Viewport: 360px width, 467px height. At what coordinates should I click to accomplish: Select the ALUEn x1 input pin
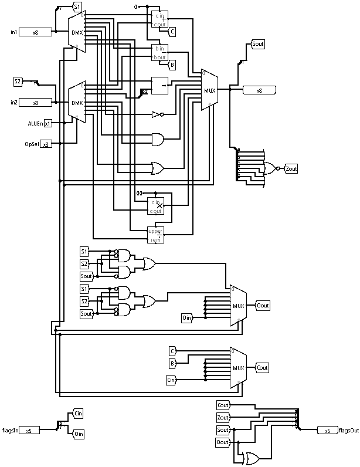click(x=47, y=123)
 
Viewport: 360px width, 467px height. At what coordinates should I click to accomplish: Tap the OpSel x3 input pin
click(x=46, y=144)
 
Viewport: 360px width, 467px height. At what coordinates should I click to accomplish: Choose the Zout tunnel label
click(x=291, y=169)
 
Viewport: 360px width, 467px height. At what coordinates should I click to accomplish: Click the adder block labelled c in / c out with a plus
click(x=159, y=19)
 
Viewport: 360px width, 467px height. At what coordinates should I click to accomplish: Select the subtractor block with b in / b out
click(x=159, y=52)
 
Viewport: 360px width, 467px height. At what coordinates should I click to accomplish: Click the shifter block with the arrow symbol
click(x=159, y=86)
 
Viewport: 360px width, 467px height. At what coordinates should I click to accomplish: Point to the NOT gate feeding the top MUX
click(x=156, y=114)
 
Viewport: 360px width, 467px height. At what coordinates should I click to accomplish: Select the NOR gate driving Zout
click(x=271, y=169)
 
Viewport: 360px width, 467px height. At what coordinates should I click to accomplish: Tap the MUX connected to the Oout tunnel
click(x=239, y=306)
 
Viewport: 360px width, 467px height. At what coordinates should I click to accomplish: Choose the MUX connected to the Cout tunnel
click(x=239, y=368)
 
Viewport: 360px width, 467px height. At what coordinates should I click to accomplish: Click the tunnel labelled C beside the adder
click(x=173, y=31)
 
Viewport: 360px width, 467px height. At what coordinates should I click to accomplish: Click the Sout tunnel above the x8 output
click(x=258, y=44)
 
